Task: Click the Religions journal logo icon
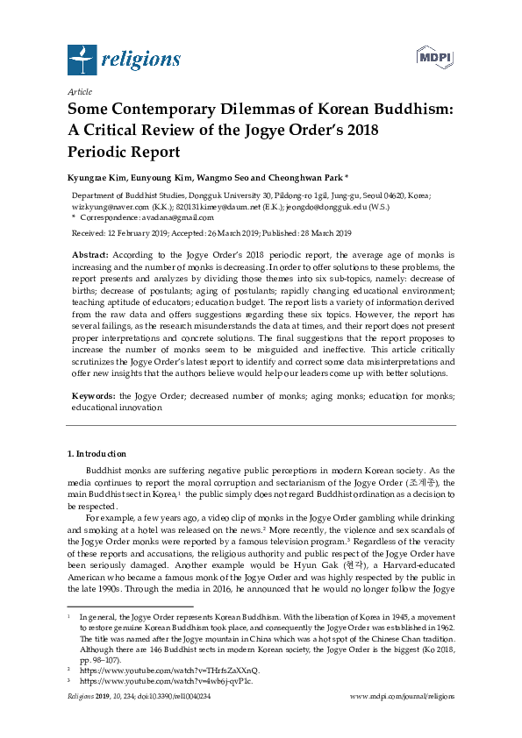point(82,60)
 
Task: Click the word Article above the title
point(79,91)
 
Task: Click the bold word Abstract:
point(90,253)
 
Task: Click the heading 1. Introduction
point(97,453)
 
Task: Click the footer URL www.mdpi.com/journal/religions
point(402,696)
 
